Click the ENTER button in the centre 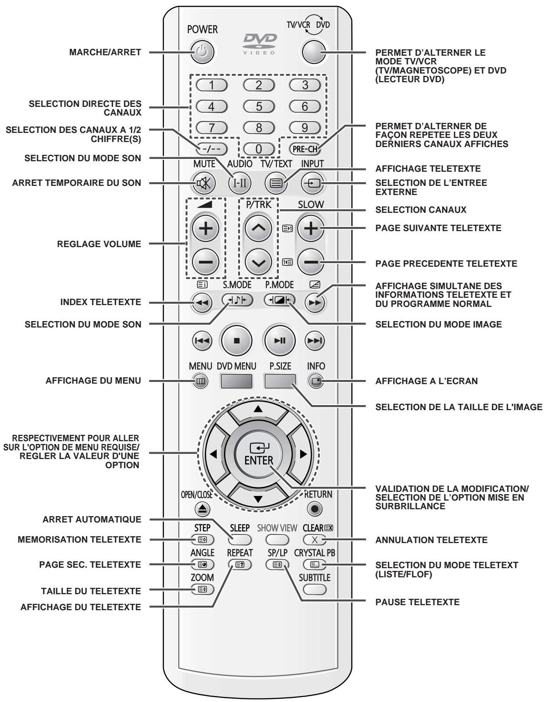258,454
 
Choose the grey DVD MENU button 236,381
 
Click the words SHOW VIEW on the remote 277,528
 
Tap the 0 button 259,148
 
